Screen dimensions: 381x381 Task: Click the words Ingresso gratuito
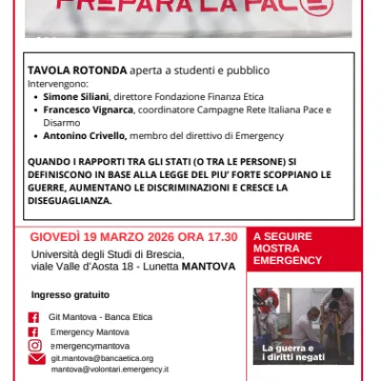[x=65, y=294]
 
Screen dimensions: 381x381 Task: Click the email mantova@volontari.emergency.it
[x=110, y=368]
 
